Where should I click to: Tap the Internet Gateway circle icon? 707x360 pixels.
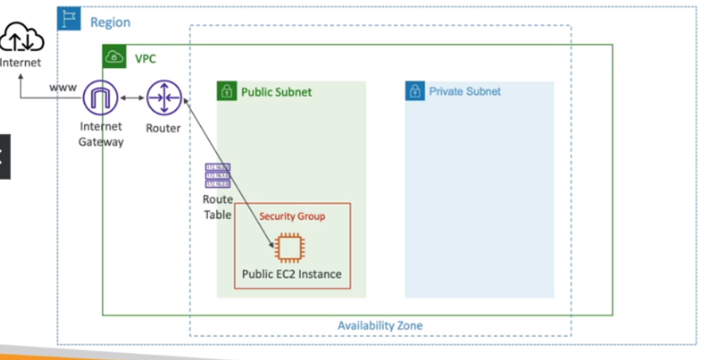100,99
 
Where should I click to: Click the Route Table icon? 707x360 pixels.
217,175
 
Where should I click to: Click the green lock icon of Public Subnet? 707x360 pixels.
226,92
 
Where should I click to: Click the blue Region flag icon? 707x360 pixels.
69,19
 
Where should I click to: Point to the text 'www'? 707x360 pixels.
63,88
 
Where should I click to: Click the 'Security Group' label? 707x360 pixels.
291,216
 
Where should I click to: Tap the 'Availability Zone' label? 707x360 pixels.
380,326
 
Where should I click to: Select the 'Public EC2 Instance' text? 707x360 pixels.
291,274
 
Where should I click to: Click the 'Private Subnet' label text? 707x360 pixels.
465,92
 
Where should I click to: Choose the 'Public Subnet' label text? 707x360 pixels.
276,92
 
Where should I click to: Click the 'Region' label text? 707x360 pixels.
110,22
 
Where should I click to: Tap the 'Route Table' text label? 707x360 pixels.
217,207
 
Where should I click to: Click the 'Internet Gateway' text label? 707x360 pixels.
100,135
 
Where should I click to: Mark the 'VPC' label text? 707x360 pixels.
145,58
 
